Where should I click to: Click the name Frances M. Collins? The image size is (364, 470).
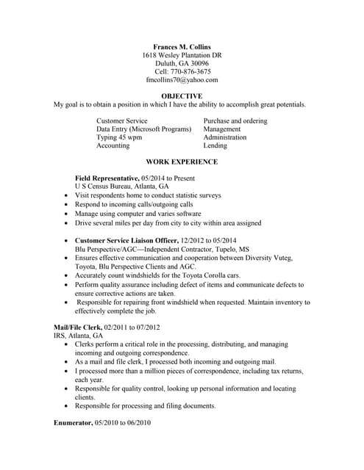point(182,46)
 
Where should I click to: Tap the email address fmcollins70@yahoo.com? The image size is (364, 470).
point(182,80)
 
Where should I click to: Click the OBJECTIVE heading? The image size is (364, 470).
point(182,96)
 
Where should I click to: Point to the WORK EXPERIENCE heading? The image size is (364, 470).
point(182,162)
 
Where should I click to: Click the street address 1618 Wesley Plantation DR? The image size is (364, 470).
point(182,55)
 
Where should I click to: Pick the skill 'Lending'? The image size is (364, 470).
point(215,145)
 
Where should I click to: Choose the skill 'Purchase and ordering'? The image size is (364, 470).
point(235,120)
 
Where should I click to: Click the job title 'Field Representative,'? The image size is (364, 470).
point(107,178)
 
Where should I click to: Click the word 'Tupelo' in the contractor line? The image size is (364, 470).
point(243,249)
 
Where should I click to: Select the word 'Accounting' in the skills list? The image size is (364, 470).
point(114,145)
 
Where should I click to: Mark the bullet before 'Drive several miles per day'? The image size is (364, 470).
point(67,223)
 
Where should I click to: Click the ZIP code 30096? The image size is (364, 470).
point(199,63)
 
